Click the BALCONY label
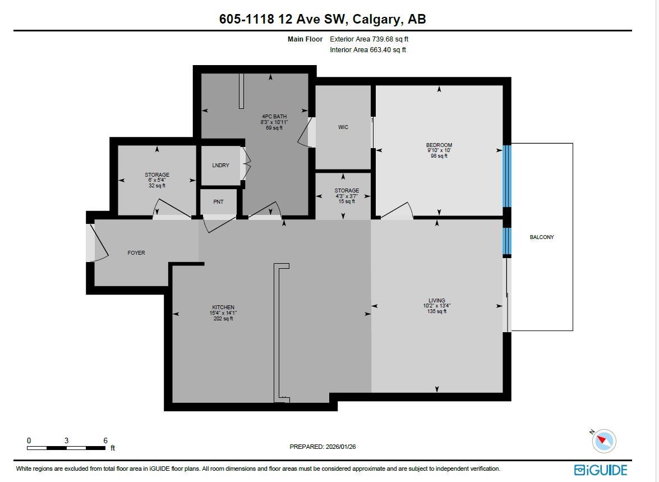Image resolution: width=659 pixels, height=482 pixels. pos(542,237)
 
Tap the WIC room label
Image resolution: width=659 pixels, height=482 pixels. pos(343,127)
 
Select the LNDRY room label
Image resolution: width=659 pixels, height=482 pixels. pos(220,166)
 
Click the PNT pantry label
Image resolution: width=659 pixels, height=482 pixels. pos(219,201)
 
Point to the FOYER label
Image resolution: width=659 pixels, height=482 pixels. pos(136,253)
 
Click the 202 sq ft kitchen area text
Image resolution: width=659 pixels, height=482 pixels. pos(223,319)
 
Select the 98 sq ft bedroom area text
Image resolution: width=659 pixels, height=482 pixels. pos(439,156)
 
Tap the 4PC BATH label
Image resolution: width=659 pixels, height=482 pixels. pos(274,116)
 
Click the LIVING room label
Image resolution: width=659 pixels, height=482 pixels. pos(437,301)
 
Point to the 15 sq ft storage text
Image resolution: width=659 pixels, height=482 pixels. pos(347,201)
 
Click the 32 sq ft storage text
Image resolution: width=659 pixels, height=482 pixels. pos(157,186)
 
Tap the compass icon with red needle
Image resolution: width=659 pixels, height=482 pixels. pos(604,441)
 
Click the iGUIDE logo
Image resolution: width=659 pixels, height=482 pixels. pos(601,470)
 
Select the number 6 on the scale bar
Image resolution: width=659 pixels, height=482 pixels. pos(105,441)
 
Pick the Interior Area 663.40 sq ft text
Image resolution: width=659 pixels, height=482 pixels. pos(368,50)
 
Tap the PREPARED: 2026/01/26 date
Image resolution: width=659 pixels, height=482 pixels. pos(322,447)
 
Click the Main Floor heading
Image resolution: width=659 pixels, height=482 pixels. pos(305,39)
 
